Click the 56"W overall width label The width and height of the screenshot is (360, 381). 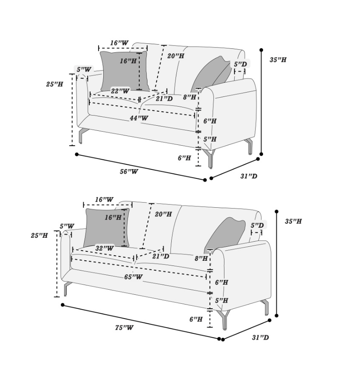(129, 171)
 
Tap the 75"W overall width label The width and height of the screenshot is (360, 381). (124, 327)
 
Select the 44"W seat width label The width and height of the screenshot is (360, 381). (139, 118)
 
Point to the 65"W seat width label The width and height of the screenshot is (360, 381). (133, 277)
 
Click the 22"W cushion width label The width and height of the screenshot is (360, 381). (120, 91)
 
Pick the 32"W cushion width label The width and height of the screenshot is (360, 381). (105, 248)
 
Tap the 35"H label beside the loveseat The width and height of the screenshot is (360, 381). (278, 59)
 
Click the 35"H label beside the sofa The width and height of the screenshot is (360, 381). (293, 221)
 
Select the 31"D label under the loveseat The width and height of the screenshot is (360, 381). (249, 176)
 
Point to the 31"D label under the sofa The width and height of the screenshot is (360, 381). (261, 337)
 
